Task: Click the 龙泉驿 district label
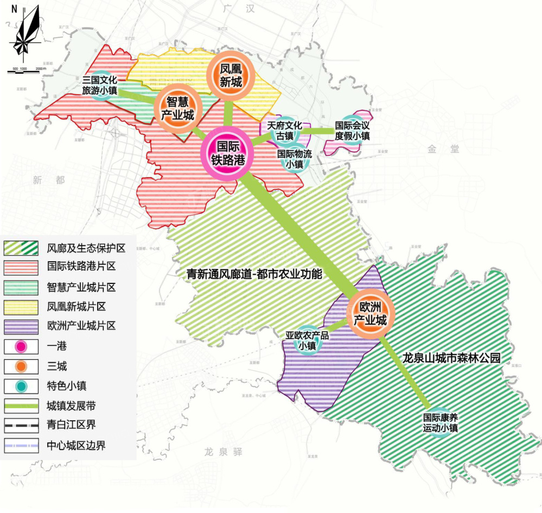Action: tap(223, 452)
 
